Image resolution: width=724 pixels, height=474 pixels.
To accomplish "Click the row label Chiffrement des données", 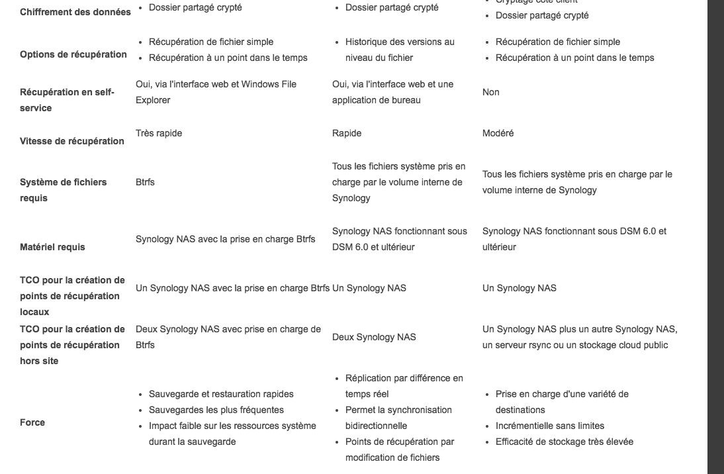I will (75, 12).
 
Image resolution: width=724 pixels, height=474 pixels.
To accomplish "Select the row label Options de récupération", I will (73, 54).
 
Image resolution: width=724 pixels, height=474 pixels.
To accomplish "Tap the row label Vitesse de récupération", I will (72, 141).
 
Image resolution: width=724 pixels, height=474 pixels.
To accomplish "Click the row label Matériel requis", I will (52, 247).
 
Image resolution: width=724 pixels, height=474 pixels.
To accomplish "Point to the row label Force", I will (32, 422).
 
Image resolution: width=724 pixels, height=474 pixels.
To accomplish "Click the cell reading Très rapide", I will (159, 133).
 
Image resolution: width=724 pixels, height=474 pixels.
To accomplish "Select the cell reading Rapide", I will (347, 133).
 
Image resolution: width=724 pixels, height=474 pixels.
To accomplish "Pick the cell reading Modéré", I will (498, 133).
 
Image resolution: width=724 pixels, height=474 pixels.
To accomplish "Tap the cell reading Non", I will (490, 92).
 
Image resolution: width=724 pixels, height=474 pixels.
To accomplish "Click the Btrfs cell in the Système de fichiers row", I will (145, 182).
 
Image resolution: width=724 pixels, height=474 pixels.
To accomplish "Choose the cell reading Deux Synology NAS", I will (374, 337).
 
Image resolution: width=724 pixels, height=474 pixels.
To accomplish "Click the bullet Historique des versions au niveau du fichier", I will (400, 50).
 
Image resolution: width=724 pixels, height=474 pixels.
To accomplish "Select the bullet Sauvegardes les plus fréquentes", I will (216, 410).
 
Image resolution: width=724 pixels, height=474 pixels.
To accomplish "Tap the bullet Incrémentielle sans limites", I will (549, 426).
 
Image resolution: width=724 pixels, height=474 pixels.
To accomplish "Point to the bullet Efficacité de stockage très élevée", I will (564, 442).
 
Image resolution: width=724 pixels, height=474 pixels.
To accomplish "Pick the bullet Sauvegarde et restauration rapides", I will (221, 394).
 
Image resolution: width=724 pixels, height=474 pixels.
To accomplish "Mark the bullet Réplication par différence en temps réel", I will (404, 386).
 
